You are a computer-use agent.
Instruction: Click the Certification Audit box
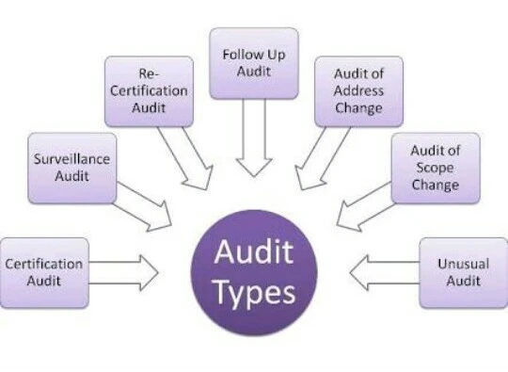click(x=45, y=272)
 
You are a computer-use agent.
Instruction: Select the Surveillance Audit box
click(x=72, y=168)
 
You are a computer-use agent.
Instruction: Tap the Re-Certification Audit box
click(x=149, y=91)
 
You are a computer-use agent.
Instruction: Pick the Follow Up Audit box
click(x=254, y=62)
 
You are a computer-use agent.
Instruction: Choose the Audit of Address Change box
click(x=358, y=91)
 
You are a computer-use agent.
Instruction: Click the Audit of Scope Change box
click(x=435, y=167)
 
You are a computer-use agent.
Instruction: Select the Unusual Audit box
click(x=463, y=272)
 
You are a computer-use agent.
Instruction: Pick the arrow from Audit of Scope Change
click(x=362, y=207)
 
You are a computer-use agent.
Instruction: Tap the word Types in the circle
click(x=254, y=293)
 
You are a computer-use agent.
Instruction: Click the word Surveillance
click(x=72, y=159)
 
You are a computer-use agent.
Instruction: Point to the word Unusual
click(x=463, y=265)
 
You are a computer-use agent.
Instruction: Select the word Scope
click(x=435, y=168)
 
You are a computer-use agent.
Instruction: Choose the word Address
click(x=358, y=92)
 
